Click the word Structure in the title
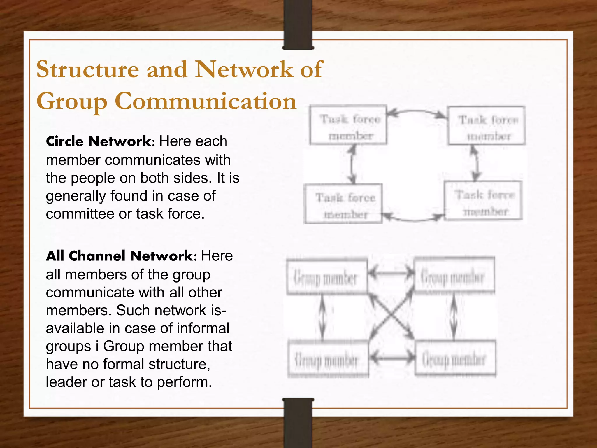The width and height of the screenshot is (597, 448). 88,69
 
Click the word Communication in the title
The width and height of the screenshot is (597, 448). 206,101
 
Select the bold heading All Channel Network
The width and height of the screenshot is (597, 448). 120,256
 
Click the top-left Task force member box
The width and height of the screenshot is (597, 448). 348,125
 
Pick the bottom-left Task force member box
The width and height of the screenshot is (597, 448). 343,204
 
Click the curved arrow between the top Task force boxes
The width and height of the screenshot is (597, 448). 417,111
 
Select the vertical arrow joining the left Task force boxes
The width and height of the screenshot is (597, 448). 353,164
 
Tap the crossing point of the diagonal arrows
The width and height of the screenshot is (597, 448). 391,317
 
